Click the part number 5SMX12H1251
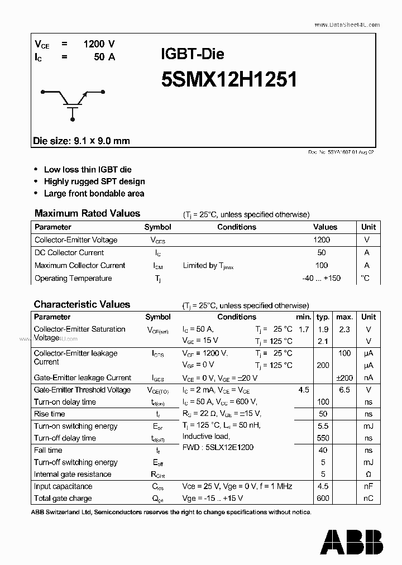coord(228,80)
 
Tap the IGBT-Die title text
coord(193,54)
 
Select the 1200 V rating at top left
coord(99,44)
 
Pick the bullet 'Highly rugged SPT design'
coord(94,181)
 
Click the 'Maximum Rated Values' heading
coord(87,213)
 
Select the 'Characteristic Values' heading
coord(82,304)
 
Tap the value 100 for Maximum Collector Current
coord(322,266)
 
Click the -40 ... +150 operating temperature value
coord(320,279)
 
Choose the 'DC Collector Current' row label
coord(69,253)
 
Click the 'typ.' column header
coord(323,317)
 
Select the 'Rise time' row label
coord(50,414)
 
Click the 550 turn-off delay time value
coord(323,438)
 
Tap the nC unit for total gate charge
coord(368,499)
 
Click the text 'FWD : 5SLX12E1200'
coord(218,447)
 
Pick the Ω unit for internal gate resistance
coord(368,475)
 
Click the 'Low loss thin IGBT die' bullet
coord(88,169)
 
